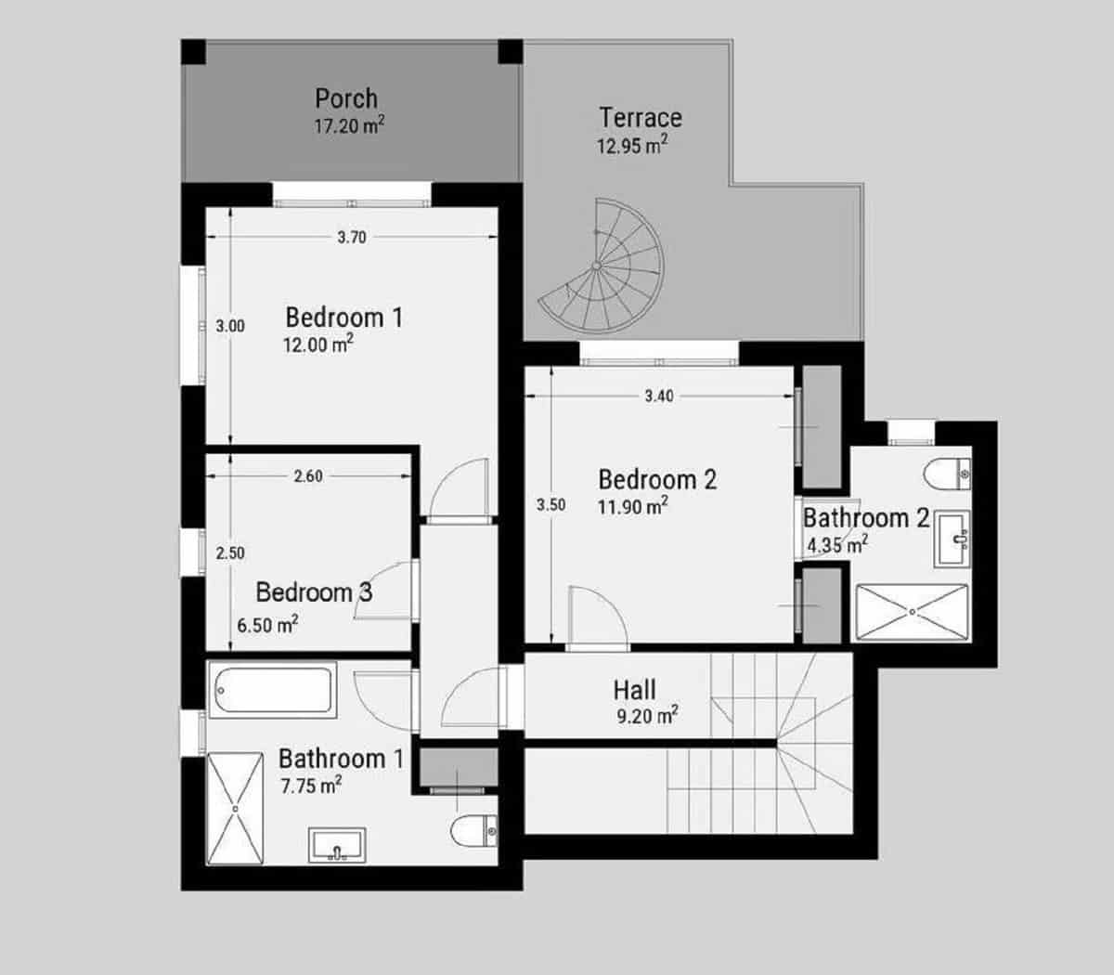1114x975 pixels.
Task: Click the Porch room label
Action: tap(346, 98)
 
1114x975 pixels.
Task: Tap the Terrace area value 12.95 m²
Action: tap(632, 146)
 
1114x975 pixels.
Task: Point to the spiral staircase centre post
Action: tap(596, 266)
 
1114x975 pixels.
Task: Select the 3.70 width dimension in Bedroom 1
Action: tap(352, 238)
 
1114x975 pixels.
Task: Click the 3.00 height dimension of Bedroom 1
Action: tap(230, 326)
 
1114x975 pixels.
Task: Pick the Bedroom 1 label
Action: tap(344, 318)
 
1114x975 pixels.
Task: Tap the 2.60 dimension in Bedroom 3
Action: tap(308, 476)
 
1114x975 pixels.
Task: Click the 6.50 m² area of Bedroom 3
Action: tap(267, 625)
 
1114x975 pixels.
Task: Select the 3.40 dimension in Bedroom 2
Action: tap(659, 396)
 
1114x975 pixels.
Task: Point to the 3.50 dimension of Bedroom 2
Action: tap(551, 505)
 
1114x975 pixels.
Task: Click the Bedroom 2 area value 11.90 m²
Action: tap(633, 507)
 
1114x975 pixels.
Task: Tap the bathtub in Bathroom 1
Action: tap(272, 690)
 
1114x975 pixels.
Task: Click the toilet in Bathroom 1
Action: tap(474, 831)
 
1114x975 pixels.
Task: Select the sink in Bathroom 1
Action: tap(337, 845)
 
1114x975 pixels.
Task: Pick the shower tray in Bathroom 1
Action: tap(235, 809)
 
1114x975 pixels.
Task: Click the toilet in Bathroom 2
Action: tap(948, 474)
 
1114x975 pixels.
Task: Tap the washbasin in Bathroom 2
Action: tap(952, 539)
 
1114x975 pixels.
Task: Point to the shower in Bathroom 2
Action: tap(912, 612)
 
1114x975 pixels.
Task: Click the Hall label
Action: tap(634, 690)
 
